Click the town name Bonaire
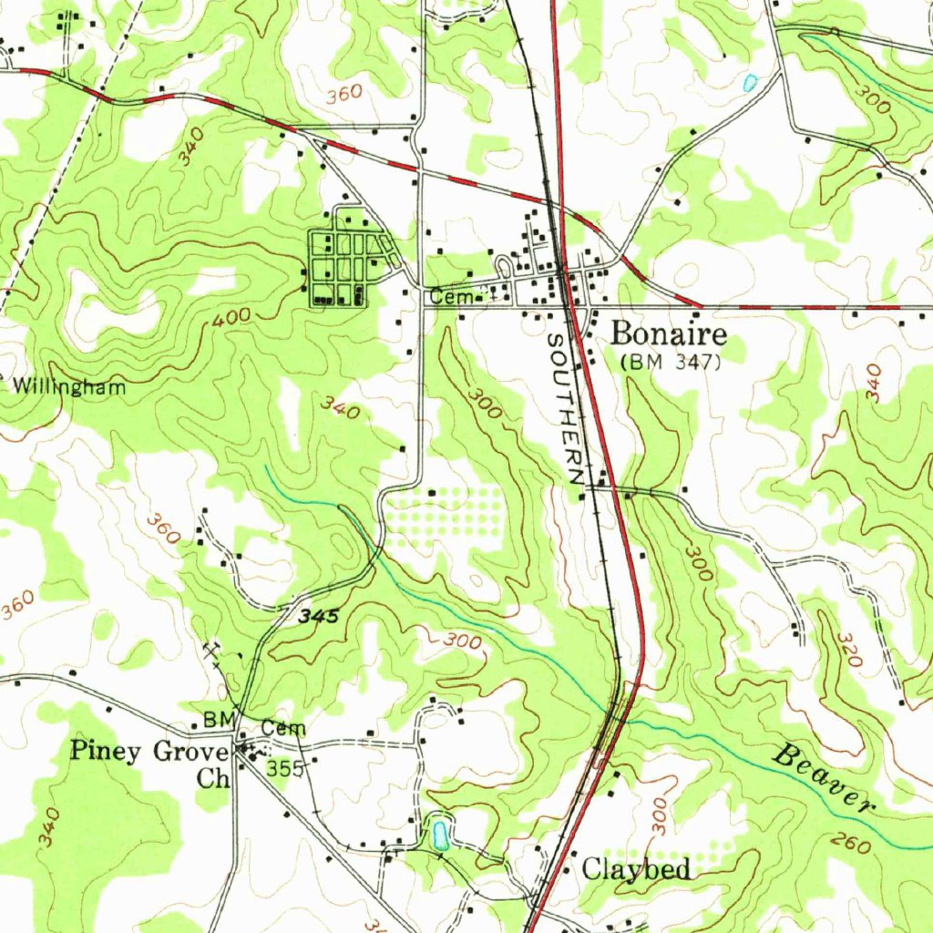tap(668, 334)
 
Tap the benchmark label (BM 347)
tap(671, 362)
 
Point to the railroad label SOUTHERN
tap(565, 407)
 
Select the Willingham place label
tap(68, 386)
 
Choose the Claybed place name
tap(636, 869)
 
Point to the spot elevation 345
tap(319, 617)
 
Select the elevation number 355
tap(284, 770)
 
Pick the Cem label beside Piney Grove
tap(283, 728)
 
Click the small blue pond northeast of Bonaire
tap(750, 83)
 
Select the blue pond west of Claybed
tap(440, 833)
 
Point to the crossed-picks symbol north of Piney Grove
tap(215, 650)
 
